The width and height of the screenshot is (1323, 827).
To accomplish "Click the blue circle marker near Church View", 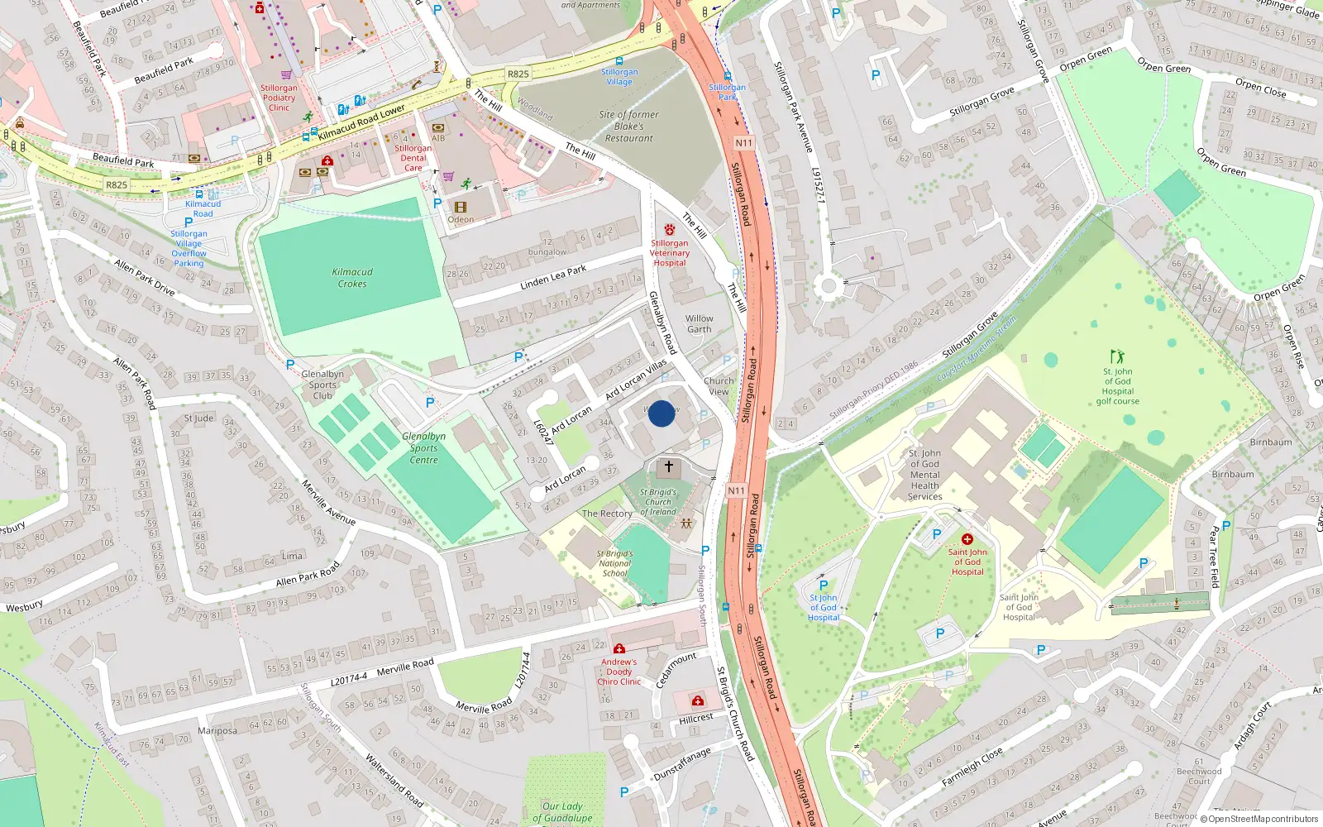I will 661,413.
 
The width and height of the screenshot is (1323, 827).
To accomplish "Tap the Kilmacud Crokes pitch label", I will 352,278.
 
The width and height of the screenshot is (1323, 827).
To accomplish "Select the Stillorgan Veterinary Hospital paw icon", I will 669,229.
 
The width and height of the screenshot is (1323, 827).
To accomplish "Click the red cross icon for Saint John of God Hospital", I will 967,539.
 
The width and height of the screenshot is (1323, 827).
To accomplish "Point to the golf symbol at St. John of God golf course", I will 1117,357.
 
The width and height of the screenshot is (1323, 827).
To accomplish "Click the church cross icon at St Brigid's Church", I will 668,466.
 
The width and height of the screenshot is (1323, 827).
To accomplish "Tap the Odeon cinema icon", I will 461,207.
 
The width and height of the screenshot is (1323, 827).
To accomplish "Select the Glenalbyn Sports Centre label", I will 423,448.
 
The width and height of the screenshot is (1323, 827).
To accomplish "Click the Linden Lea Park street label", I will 553,277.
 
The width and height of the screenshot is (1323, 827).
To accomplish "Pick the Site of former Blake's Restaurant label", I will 628,127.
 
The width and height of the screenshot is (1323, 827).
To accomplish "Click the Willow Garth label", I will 699,323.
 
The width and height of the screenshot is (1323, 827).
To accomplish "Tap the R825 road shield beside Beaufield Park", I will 117,184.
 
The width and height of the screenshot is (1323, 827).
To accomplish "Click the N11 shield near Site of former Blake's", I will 743,143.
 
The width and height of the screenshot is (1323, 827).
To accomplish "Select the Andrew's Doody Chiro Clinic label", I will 619,672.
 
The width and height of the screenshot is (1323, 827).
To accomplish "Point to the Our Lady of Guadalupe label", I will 562,812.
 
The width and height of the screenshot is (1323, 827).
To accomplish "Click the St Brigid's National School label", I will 614,563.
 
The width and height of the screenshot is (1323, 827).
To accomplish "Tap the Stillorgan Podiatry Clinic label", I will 279,98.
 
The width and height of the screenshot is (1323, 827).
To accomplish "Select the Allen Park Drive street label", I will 145,277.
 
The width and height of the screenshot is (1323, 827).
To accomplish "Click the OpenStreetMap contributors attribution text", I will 1263,819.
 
